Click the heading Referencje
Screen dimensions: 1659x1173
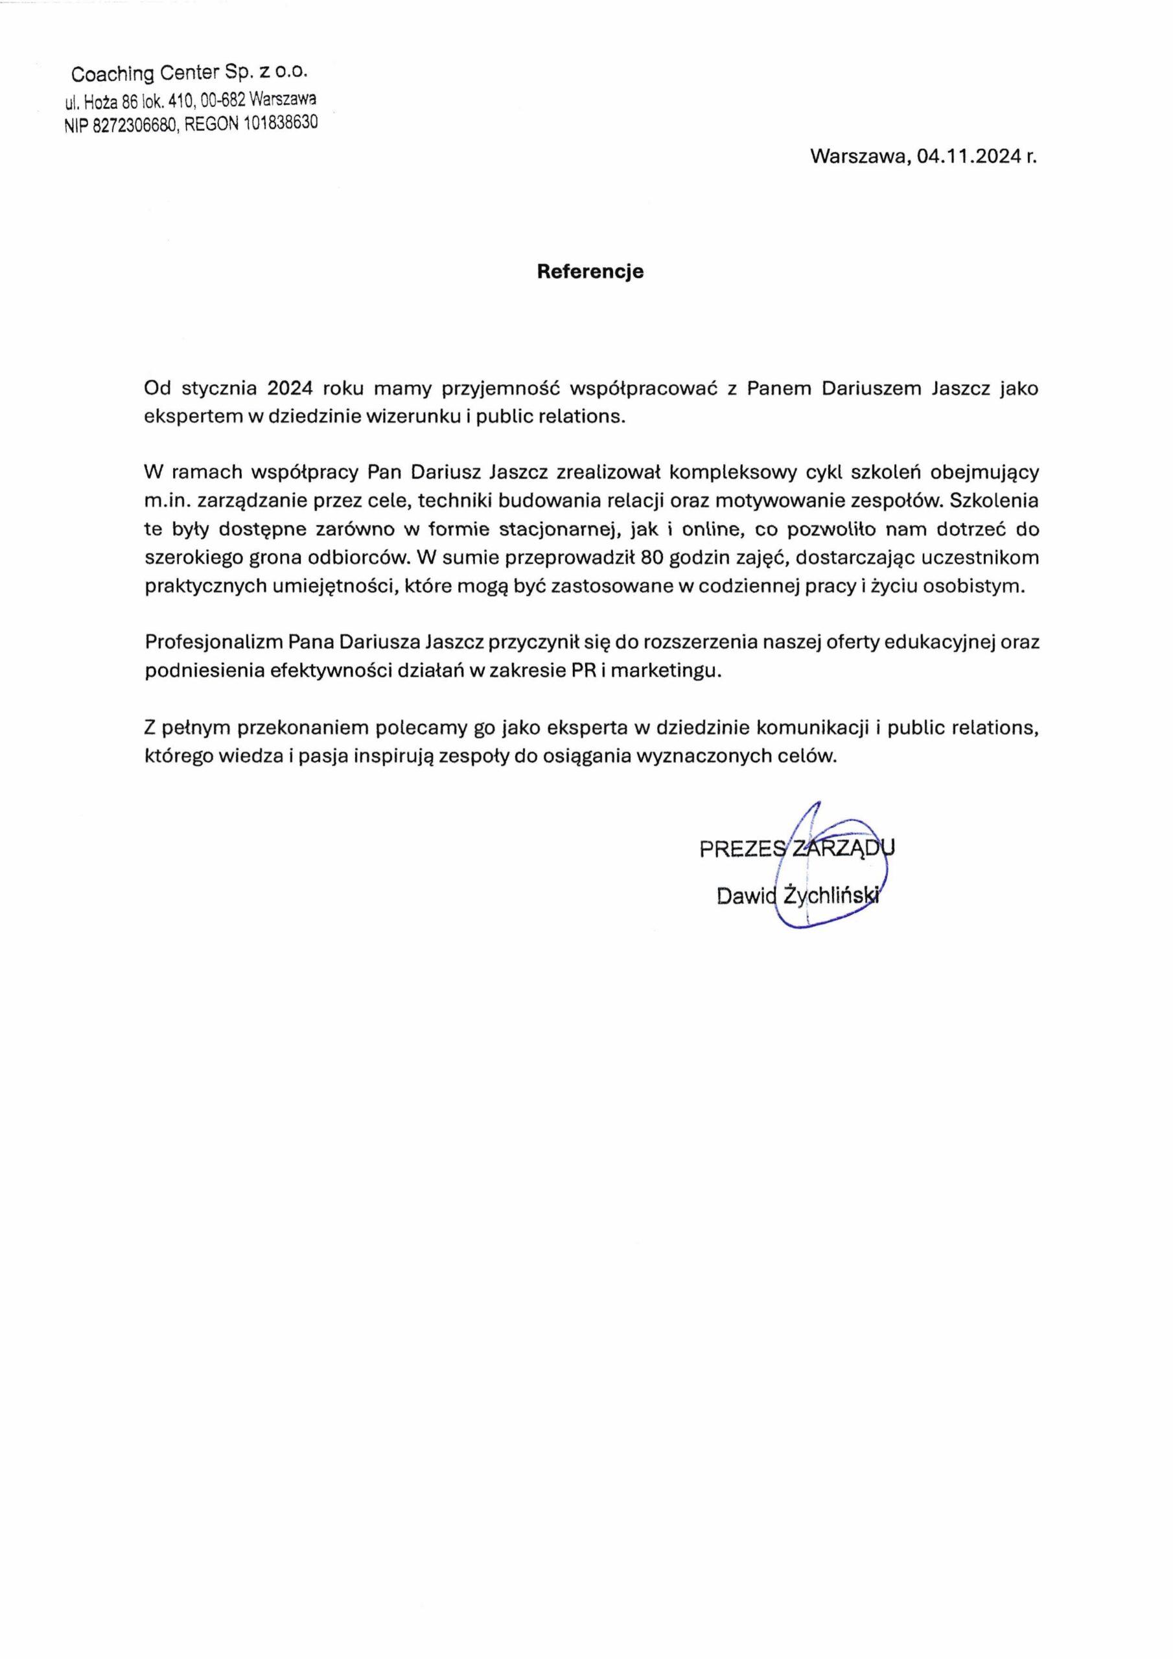[590, 272]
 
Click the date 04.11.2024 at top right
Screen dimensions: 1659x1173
[970, 157]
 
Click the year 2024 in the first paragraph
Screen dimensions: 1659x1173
[290, 389]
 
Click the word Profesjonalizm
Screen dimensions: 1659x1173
[214, 642]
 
